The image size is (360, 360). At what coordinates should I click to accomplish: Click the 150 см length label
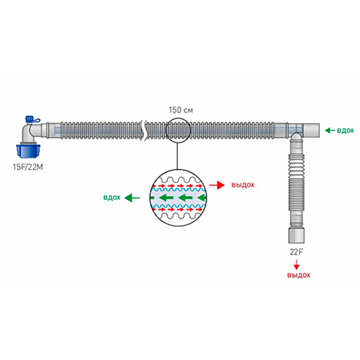point(181,110)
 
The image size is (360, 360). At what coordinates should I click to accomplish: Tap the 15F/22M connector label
point(28,167)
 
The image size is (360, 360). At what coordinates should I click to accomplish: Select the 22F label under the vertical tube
point(296,252)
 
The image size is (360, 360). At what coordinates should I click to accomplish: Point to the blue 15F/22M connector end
point(28,150)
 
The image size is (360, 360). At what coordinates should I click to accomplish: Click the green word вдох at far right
point(346,130)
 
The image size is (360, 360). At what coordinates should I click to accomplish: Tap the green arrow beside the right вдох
point(330,130)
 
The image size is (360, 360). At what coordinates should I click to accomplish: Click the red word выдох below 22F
point(298,275)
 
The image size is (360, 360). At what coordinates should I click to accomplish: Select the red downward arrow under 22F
point(296,264)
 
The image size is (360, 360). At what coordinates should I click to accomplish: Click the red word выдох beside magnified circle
point(243,185)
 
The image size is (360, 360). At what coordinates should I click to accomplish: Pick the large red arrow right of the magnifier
point(217,185)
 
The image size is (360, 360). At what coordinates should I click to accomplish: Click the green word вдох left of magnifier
point(112,197)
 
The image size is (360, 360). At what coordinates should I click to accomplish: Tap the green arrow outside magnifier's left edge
point(132,197)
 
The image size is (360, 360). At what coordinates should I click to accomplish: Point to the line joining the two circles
point(177,156)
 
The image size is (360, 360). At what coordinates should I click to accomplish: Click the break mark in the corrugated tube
point(144,130)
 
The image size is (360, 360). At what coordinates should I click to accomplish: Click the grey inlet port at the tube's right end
point(311,130)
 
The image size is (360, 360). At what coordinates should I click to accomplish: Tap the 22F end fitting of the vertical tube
point(296,235)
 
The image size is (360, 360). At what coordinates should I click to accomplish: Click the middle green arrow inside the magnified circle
point(186,197)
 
